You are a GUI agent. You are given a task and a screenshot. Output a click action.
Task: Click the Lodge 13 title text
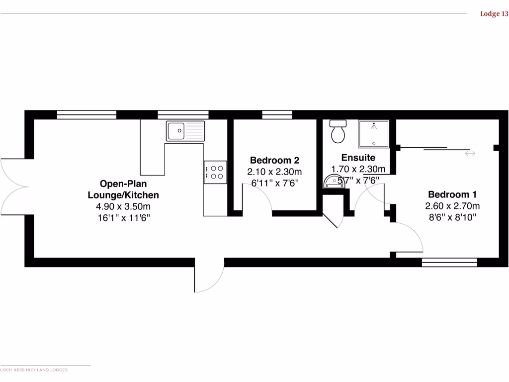coord(494,14)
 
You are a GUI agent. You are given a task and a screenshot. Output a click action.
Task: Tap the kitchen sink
coord(185,130)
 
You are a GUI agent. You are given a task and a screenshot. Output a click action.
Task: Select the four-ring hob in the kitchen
coord(215,172)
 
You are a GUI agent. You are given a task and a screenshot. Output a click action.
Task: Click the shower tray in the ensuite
coord(374,133)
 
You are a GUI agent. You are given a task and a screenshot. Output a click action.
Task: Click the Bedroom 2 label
coord(274,160)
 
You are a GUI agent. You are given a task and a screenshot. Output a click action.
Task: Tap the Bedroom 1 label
coord(452,194)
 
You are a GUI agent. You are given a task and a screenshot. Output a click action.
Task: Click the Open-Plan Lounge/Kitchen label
coord(123,189)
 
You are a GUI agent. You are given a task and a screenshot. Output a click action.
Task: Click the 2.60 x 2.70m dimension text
coord(452,206)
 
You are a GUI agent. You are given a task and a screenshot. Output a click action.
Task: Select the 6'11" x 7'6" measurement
coord(274,183)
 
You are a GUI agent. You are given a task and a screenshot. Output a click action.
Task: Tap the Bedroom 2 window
coord(277,115)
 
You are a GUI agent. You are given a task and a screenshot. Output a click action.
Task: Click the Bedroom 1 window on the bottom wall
coord(449,262)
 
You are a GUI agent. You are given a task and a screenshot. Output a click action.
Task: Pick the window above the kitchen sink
coord(183,114)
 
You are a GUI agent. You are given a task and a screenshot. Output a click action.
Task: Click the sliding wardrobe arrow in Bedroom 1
coord(470,153)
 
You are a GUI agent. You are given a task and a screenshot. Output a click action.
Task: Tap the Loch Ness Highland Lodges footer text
coord(34,370)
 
